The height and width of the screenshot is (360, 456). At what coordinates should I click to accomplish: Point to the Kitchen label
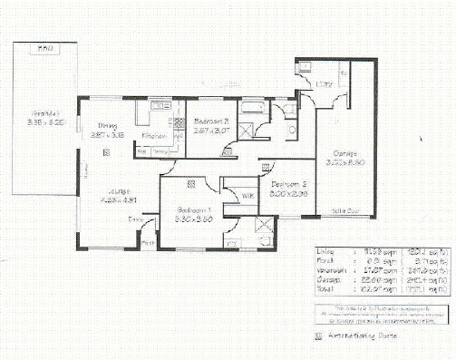[152, 137]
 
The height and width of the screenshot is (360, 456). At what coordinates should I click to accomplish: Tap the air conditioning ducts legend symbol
[317, 334]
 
